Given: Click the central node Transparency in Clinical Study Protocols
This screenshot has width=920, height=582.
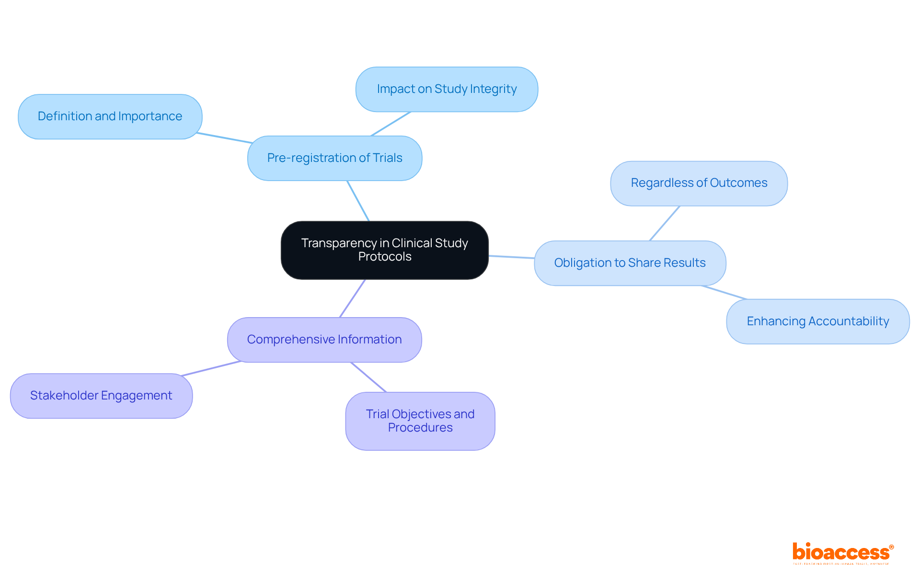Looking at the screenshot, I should (384, 250).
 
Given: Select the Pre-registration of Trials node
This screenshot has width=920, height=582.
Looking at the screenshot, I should (334, 158).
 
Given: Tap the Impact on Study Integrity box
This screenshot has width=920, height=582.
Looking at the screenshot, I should (447, 90).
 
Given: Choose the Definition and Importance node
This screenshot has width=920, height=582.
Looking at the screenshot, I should (110, 117).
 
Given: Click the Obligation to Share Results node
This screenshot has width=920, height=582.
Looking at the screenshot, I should (630, 263).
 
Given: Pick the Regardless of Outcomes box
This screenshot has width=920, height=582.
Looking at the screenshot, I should (699, 183).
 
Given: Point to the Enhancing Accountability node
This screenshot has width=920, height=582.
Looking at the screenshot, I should (817, 321).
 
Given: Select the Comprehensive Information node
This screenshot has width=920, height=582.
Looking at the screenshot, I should (324, 340).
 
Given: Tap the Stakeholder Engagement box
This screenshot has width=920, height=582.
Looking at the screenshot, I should (101, 396).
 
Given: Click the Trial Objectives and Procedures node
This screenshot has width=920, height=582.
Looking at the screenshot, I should (420, 421).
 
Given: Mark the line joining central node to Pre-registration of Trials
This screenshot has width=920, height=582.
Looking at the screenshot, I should (358, 201).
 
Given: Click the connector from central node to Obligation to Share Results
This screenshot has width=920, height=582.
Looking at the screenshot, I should (511, 257).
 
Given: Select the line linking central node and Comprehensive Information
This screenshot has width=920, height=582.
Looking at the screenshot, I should (353, 298).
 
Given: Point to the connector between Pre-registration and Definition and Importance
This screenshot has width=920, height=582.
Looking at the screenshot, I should (224, 138).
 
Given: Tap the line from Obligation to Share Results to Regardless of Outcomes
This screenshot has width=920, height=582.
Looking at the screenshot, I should (665, 223).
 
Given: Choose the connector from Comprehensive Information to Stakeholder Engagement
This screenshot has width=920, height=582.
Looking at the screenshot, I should (211, 368).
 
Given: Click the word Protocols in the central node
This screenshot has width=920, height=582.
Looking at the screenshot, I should (385, 257).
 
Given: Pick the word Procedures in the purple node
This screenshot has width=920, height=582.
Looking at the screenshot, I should (420, 428).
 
